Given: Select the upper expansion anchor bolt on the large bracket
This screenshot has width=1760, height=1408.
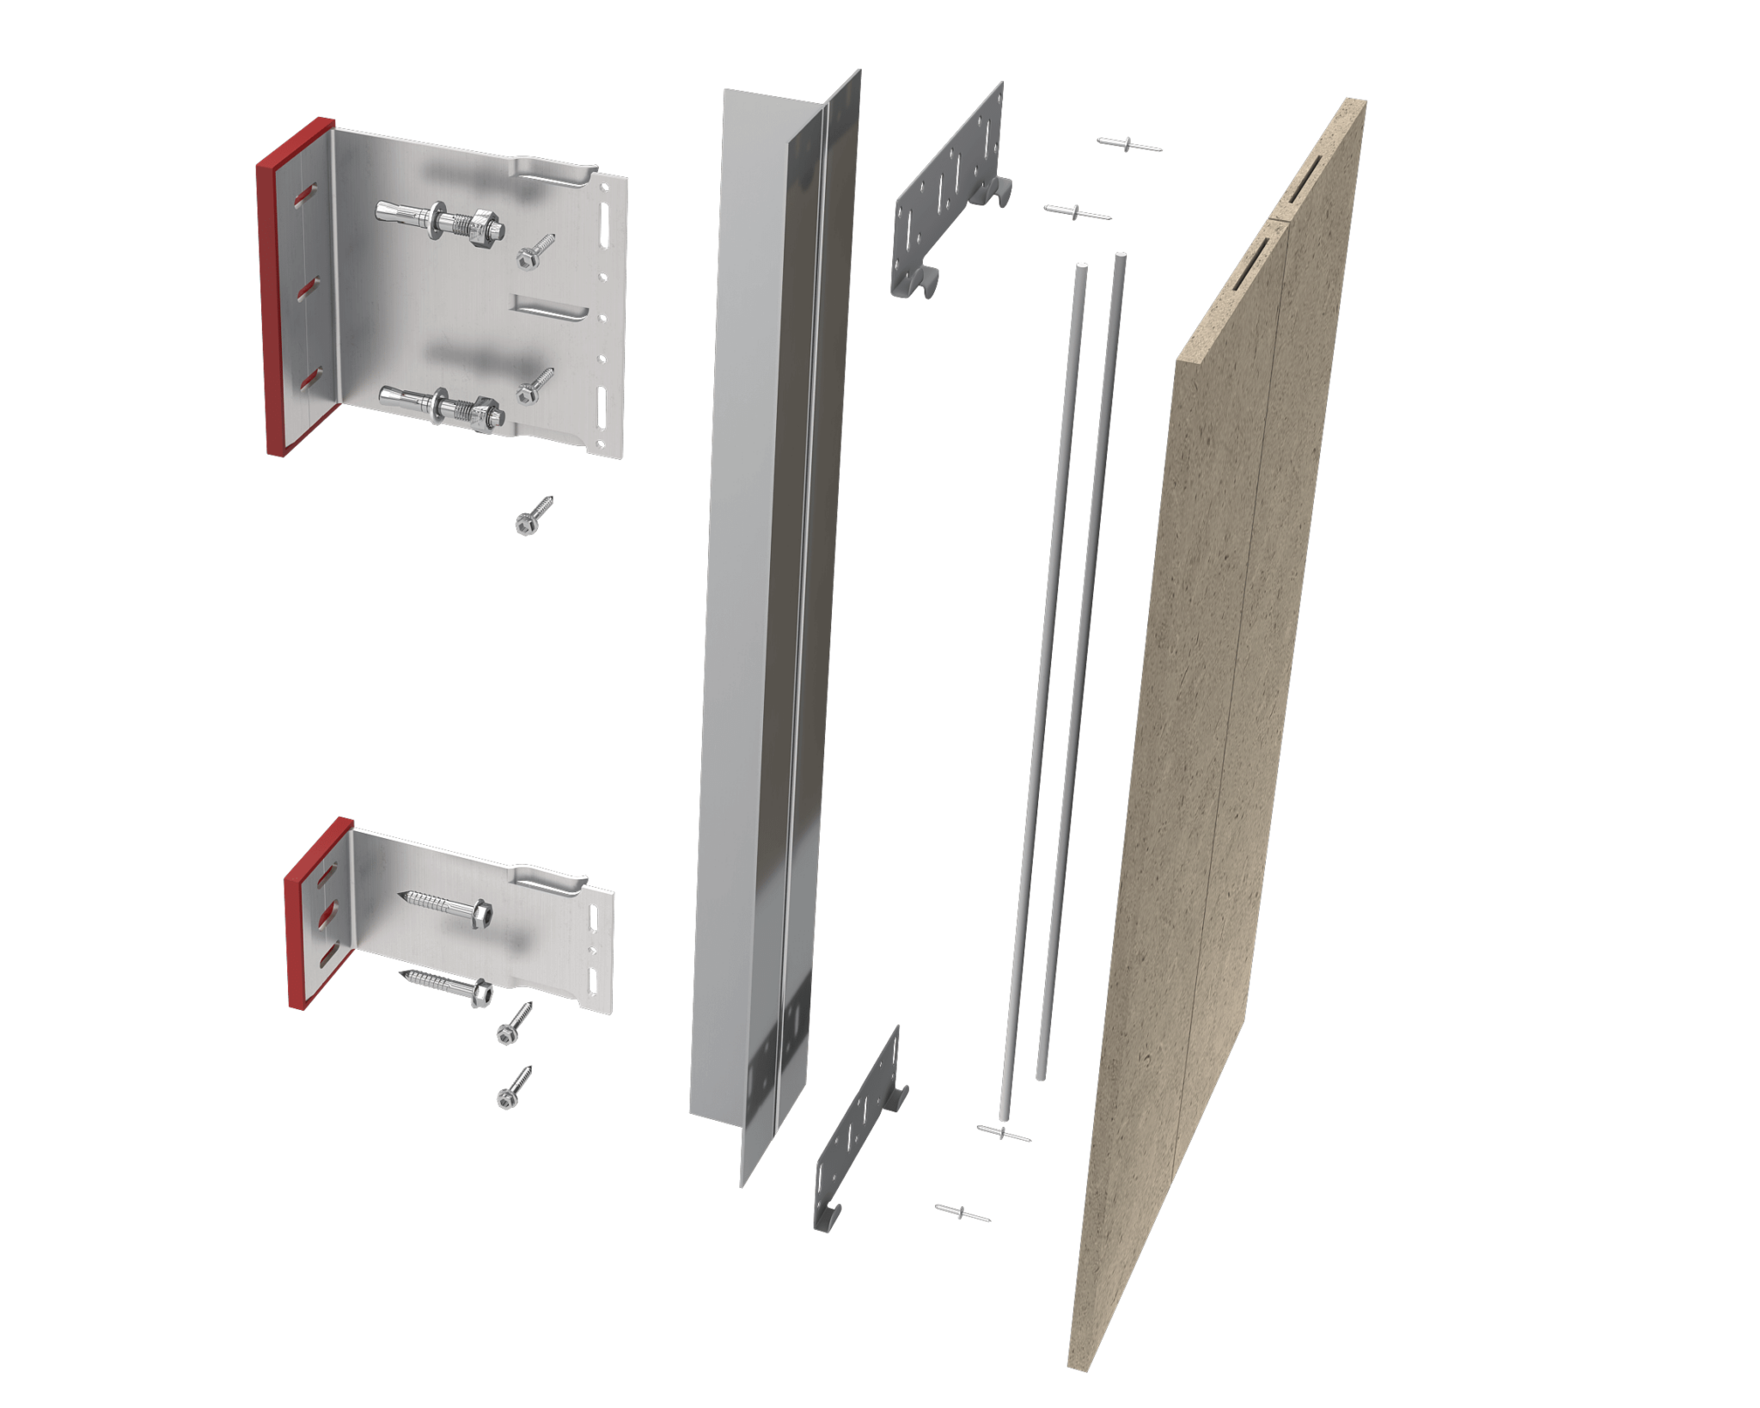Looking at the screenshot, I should pyautogui.click(x=440, y=220).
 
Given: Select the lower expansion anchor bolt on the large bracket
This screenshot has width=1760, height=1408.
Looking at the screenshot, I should pyautogui.click(x=442, y=406).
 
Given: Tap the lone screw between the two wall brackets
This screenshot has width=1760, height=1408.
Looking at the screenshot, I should pyautogui.click(x=534, y=516).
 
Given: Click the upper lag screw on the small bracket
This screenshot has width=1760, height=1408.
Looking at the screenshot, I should pyautogui.click(x=447, y=904).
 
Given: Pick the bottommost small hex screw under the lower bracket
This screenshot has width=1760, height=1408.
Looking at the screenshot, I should pyautogui.click(x=514, y=1088).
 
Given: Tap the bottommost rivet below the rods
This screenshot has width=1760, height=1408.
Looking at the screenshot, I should pyautogui.click(x=962, y=1213).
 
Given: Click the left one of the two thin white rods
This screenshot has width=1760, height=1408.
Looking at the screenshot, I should pyautogui.click(x=1044, y=688).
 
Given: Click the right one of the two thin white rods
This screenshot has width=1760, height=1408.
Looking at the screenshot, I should pyautogui.click(x=1081, y=670).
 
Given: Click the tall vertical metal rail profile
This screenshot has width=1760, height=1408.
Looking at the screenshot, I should pyautogui.click(x=756, y=602).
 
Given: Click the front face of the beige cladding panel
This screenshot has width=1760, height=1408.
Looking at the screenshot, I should pyautogui.click(x=1220, y=731).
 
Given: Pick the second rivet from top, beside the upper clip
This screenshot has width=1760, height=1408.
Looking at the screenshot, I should pyautogui.click(x=1077, y=212).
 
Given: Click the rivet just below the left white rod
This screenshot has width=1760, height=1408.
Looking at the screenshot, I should pyautogui.click(x=1003, y=1134).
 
